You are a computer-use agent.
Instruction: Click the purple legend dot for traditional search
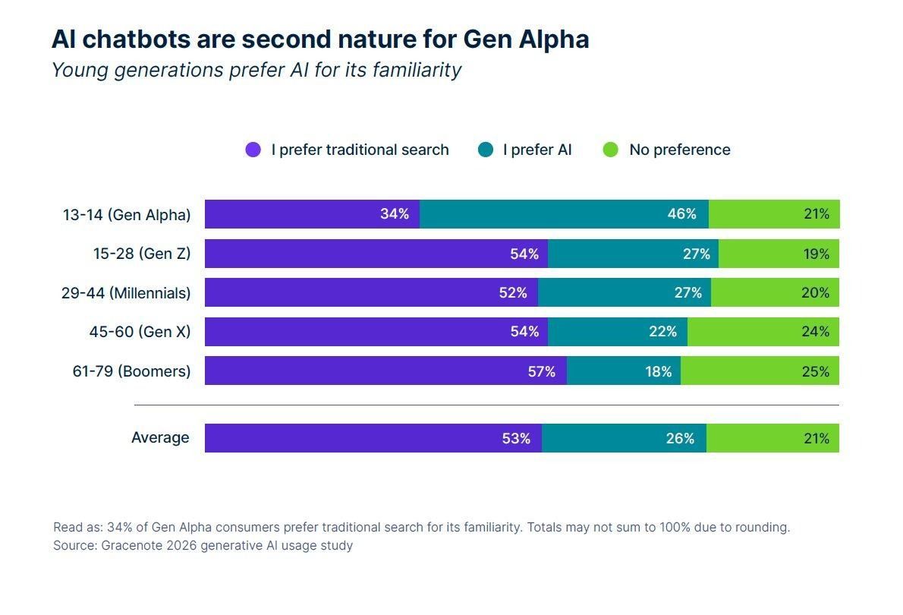tap(253, 150)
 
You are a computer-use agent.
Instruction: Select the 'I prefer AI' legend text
tap(537, 150)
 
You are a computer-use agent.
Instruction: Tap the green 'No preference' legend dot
tap(611, 150)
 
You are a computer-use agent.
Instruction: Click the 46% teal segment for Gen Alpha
tap(564, 214)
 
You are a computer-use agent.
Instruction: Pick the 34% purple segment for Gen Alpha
tap(312, 214)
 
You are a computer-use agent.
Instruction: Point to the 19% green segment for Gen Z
tap(779, 254)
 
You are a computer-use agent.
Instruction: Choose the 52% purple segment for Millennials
tap(371, 292)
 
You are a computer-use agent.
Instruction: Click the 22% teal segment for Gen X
tap(618, 332)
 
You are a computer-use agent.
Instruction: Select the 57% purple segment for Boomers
tap(385, 371)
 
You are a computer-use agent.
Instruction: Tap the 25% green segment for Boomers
tap(760, 371)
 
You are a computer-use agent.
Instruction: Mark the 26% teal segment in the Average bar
tap(624, 438)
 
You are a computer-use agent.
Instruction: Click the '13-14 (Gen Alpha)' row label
tap(126, 215)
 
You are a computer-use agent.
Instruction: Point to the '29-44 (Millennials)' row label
tap(126, 293)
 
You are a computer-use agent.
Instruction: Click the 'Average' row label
tap(160, 438)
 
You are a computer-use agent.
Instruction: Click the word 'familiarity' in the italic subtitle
tap(416, 71)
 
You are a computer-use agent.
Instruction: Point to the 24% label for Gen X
tap(816, 332)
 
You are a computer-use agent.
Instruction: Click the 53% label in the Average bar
tap(516, 438)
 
